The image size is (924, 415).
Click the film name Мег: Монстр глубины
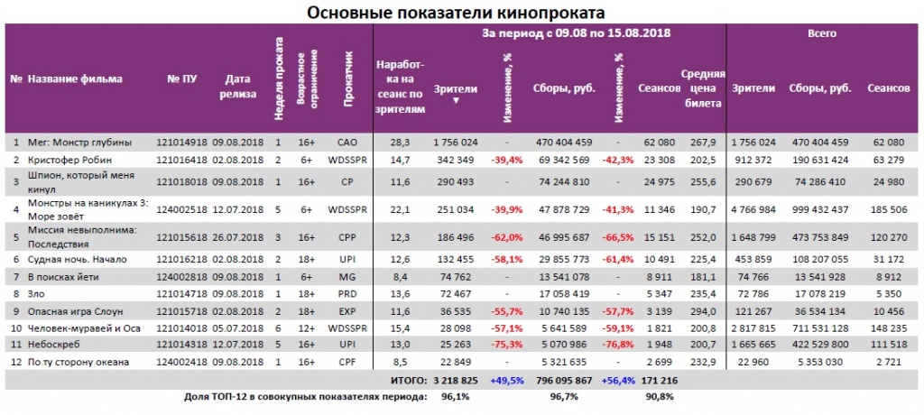(x=79, y=142)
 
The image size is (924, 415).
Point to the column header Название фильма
(x=75, y=79)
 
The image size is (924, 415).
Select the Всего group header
(x=821, y=33)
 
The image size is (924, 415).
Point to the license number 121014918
(x=182, y=142)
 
